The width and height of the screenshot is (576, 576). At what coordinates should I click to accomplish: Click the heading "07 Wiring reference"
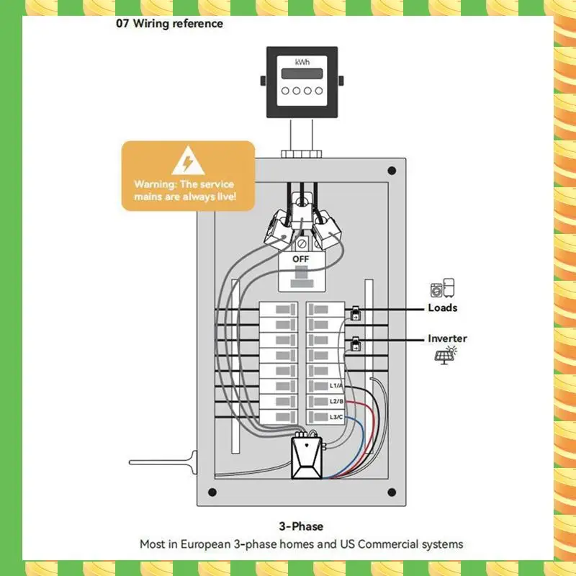pyautogui.click(x=169, y=24)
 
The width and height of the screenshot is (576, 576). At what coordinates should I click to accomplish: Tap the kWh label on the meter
pyautogui.click(x=302, y=63)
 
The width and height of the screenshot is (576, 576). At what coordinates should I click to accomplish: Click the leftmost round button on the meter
pyautogui.click(x=287, y=91)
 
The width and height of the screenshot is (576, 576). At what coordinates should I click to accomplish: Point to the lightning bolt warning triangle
pyautogui.click(x=188, y=161)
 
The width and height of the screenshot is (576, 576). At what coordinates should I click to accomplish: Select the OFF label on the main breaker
pyautogui.click(x=301, y=258)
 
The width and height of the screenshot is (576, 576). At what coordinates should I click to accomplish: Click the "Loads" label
pyautogui.click(x=442, y=307)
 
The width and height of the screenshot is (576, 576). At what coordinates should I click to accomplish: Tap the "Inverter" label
pyautogui.click(x=447, y=338)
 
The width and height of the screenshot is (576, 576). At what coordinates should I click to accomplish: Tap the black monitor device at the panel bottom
pyautogui.click(x=307, y=459)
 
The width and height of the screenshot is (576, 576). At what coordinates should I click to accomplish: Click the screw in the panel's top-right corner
pyautogui.click(x=392, y=171)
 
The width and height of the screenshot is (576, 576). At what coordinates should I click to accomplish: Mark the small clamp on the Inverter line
pyautogui.click(x=355, y=346)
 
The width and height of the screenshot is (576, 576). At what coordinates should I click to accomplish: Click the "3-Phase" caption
pyautogui.click(x=301, y=526)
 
